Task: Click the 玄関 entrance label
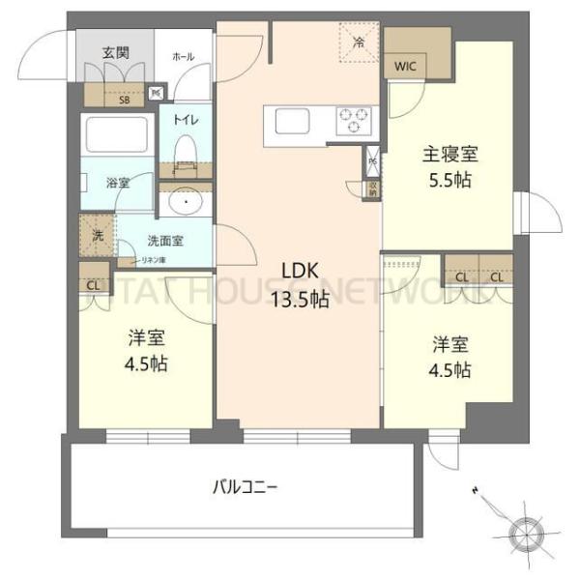(x=115, y=54)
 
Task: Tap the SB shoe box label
(x=124, y=98)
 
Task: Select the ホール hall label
(x=183, y=57)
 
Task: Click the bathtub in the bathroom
(x=115, y=133)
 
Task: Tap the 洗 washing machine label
(x=98, y=234)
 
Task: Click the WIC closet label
(x=405, y=67)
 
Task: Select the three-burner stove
(x=354, y=122)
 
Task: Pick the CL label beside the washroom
(x=93, y=284)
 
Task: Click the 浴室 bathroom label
(x=117, y=181)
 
